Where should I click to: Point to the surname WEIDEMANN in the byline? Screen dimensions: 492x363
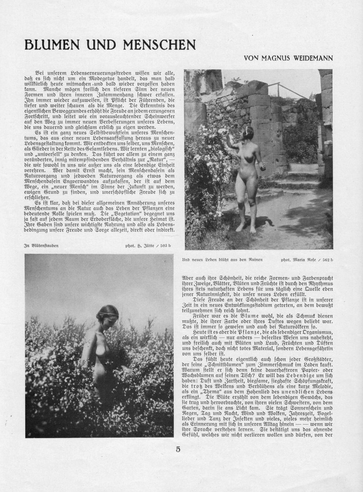[314, 58]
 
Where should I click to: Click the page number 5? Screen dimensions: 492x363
[178, 449]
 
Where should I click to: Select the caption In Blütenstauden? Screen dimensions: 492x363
[41, 246]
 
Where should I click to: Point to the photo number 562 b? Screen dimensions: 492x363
[328, 260]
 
